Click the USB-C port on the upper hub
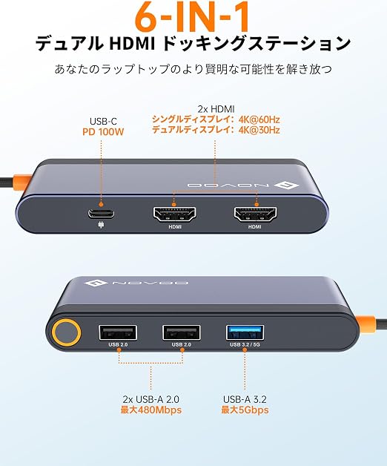(x=101, y=214)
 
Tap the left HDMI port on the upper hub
(x=174, y=214)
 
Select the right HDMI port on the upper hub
(x=255, y=214)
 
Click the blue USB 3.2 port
(x=245, y=332)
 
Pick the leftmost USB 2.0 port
(x=118, y=332)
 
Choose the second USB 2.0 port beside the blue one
(x=182, y=332)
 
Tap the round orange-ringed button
(x=66, y=332)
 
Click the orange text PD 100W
(x=103, y=131)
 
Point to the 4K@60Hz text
(x=259, y=119)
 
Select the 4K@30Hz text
(x=259, y=130)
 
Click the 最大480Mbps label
(x=151, y=410)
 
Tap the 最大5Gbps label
(x=245, y=410)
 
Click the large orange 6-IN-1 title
(x=192, y=17)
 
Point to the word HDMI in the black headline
(x=133, y=44)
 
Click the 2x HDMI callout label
(x=216, y=109)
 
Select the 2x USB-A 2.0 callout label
(x=151, y=399)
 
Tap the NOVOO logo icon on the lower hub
(x=96, y=283)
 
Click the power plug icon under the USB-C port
(x=101, y=225)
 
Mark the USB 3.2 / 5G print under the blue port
(x=245, y=344)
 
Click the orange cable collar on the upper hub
(x=21, y=183)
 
